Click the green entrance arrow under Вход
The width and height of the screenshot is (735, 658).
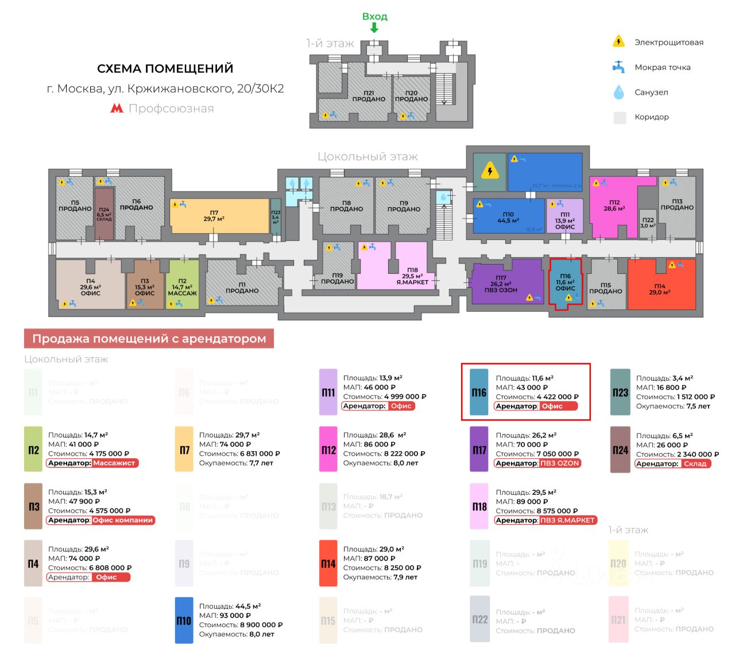(374, 28)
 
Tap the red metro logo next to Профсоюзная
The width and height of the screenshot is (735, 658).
(117, 109)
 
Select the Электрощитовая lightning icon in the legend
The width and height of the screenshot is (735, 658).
(618, 41)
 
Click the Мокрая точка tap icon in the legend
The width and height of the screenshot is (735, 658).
(618, 67)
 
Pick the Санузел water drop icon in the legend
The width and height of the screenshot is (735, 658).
(618, 92)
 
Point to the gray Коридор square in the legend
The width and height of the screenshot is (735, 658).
(620, 118)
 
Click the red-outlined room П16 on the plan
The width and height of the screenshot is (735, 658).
(565, 281)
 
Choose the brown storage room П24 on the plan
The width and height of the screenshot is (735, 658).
(104, 214)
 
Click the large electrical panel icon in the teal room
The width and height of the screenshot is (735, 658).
(490, 171)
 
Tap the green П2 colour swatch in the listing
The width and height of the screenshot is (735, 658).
(33, 450)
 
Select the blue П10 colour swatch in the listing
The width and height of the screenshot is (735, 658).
(184, 621)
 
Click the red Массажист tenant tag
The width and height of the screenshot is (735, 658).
(114, 463)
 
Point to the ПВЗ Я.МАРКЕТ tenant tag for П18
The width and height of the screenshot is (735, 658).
(567, 520)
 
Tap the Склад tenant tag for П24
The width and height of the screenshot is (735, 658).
(695, 464)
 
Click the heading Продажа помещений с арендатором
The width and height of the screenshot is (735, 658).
(149, 339)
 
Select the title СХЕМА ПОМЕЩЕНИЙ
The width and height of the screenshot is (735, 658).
(165, 69)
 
